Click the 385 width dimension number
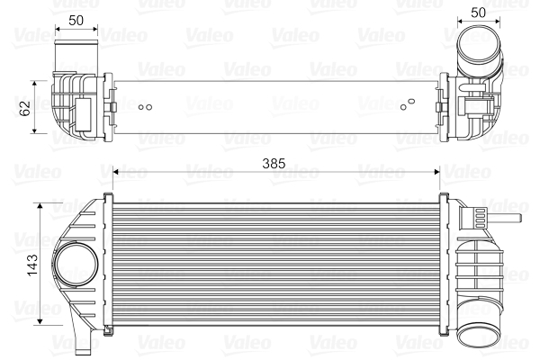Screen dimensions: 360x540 273,163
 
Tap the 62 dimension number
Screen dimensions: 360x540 25,107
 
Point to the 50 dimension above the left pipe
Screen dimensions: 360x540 76,19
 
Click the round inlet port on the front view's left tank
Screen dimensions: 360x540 75,265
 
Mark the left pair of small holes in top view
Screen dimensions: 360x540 145,107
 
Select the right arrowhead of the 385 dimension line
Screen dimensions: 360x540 436,171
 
